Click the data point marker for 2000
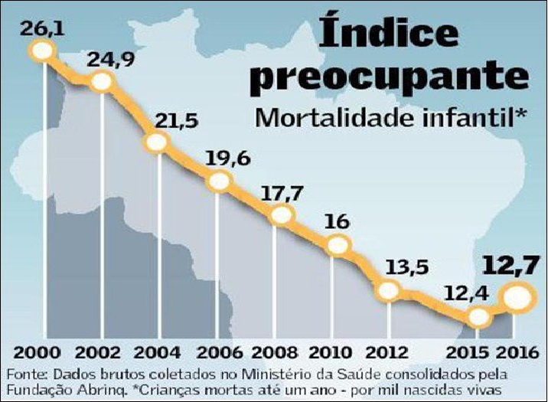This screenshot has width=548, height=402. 41,51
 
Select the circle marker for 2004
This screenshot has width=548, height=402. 156,142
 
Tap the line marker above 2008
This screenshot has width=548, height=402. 282,215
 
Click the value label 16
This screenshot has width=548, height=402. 337,222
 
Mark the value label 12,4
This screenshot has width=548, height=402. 466,293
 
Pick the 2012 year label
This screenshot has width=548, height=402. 392,354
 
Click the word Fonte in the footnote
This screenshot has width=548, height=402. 25,374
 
